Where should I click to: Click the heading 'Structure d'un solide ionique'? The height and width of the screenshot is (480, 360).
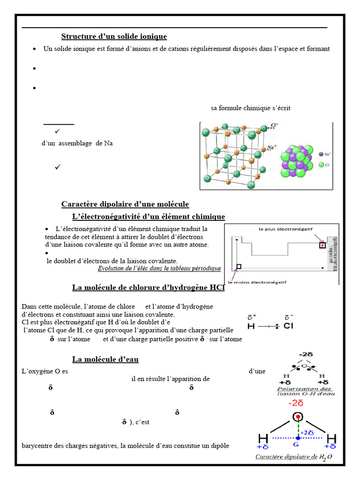pyautogui.click(x=114, y=37)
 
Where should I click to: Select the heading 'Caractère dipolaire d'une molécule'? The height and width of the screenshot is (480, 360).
pyautogui.click(x=125, y=204)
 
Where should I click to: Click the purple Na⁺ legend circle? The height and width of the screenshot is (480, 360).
pyautogui.click(x=321, y=154)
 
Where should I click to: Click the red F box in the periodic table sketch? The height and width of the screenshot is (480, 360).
pyautogui.click(x=322, y=245)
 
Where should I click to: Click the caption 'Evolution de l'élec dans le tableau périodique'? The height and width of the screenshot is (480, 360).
pyautogui.click(x=159, y=268)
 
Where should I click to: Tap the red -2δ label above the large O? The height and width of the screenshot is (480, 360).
pyautogui.click(x=296, y=403)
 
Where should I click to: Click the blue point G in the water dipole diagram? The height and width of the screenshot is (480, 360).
pyautogui.click(x=298, y=438)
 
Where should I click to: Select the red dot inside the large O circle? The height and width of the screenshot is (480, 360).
pyautogui.click(x=298, y=417)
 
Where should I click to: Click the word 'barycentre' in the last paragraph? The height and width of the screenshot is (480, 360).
pyautogui.click(x=37, y=445)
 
